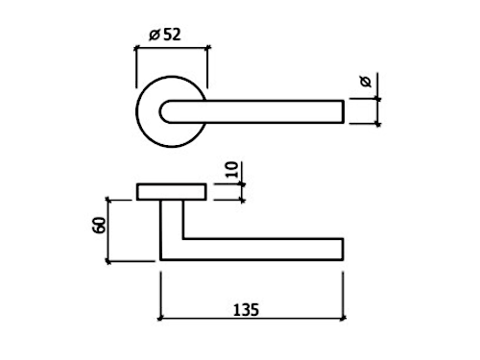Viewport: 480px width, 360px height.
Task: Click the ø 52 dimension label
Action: (165, 35)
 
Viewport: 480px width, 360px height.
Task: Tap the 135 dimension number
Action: (246, 310)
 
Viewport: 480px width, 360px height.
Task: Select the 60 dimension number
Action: (99, 226)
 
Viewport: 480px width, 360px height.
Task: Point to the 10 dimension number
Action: (232, 170)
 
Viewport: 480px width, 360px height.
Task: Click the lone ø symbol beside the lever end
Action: (366, 82)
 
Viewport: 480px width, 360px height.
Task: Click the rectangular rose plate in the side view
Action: (171, 192)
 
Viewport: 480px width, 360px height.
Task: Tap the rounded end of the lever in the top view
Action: (164, 111)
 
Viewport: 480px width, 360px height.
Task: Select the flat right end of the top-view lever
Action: (344, 111)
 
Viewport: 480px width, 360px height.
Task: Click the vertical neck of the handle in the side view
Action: (172, 229)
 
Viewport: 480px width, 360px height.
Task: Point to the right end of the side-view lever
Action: (343, 250)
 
